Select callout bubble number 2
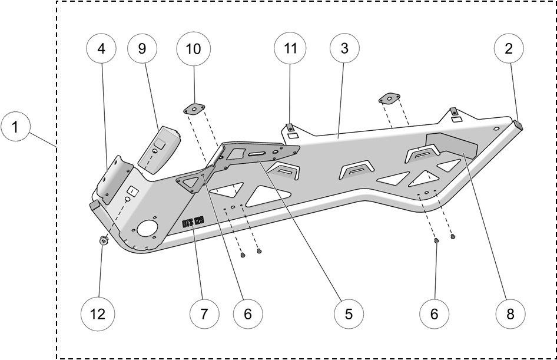(x=509, y=49)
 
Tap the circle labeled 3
(x=344, y=49)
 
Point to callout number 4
(x=101, y=49)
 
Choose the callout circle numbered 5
(x=349, y=313)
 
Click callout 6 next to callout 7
(x=247, y=313)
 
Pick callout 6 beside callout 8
(x=434, y=313)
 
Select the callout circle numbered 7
(x=204, y=313)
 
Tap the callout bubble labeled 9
(x=142, y=49)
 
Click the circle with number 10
(x=193, y=49)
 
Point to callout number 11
(x=291, y=49)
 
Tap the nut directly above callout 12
(x=104, y=241)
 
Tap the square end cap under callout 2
(x=519, y=125)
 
